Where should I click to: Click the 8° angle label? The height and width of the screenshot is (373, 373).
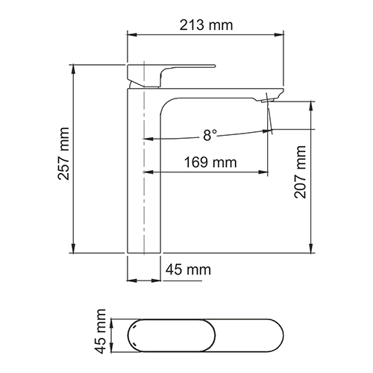tap(210, 135)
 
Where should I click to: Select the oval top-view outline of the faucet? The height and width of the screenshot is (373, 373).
tap(197, 333)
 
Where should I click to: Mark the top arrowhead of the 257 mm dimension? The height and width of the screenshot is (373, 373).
tap(73, 67)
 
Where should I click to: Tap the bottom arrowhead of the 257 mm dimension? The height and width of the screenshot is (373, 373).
tap(73, 251)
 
